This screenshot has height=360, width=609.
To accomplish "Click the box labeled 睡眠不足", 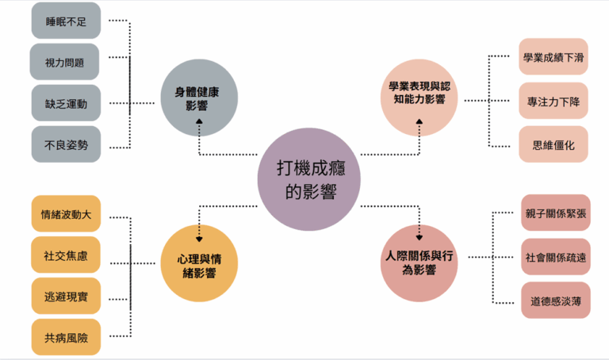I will click(x=67, y=21).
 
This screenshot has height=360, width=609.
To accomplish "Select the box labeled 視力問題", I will click(x=65, y=62).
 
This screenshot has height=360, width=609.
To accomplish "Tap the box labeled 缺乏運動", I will click(x=67, y=103).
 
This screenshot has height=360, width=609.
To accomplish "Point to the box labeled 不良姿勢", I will click(x=67, y=144).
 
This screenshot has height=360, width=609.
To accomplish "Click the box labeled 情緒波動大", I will click(x=67, y=213).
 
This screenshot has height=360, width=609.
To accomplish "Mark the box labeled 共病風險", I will click(x=67, y=337).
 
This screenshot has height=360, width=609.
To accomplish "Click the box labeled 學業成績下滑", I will click(x=553, y=57).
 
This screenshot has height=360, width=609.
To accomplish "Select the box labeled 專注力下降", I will click(x=553, y=101).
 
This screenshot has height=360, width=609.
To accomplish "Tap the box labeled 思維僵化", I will click(x=553, y=145).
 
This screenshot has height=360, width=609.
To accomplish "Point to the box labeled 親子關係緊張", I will click(x=556, y=213).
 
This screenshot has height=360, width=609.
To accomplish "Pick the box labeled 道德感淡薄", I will click(x=556, y=300).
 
